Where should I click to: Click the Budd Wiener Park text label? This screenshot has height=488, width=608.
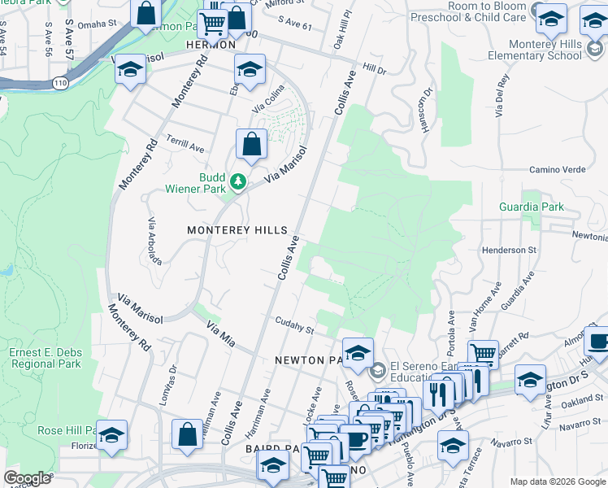201,184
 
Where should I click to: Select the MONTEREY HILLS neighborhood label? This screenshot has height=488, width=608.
237,230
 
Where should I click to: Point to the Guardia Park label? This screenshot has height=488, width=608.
532,207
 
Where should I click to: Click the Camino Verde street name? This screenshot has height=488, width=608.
557,169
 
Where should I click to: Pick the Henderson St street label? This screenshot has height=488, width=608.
510,250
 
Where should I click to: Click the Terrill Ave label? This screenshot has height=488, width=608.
186,145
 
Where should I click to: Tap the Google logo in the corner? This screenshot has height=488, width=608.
27,478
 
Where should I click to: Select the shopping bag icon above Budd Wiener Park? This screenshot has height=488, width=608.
252,145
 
